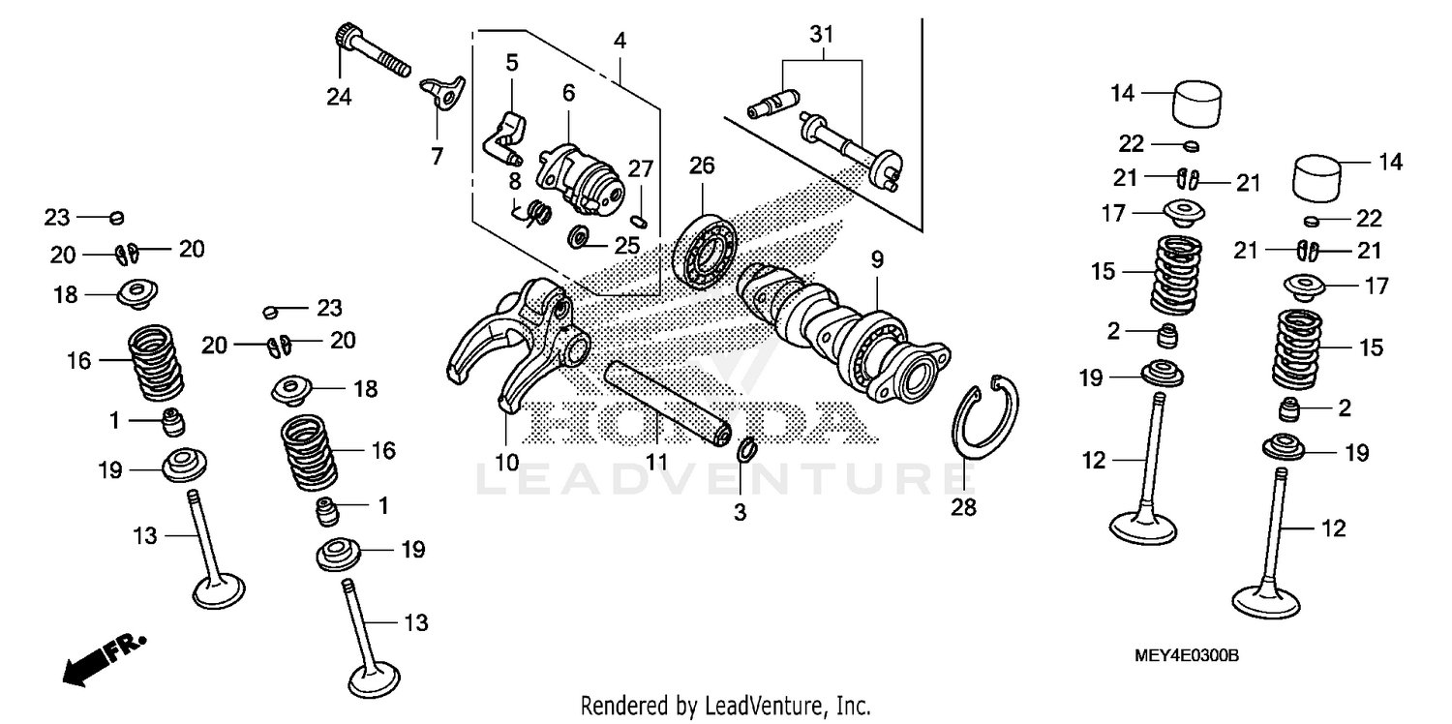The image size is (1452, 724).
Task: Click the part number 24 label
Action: [x=339, y=96]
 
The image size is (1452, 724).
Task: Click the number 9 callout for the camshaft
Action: [x=876, y=259]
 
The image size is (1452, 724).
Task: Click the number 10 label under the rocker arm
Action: [x=507, y=461]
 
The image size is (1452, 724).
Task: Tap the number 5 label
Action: [x=511, y=63]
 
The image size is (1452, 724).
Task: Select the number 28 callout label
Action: [x=964, y=506]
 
